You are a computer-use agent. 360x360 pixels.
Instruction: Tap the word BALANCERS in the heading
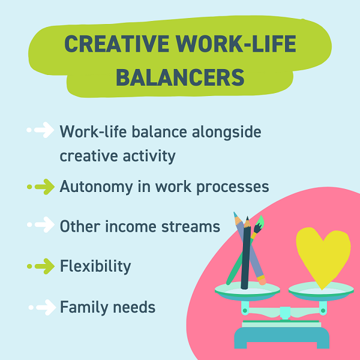tap(180, 77)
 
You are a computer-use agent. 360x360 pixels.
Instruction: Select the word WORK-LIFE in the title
tap(236, 44)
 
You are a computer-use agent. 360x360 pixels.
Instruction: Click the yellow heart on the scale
tap(323, 256)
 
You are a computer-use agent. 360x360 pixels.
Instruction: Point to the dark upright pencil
tap(246, 253)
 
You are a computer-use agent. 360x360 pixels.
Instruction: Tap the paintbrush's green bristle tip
tap(260, 221)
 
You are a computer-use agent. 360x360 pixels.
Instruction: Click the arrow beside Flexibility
tap(41, 266)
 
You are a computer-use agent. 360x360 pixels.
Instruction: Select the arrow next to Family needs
tap(42, 307)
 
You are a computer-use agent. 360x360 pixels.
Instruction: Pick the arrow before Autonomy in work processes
tap(41, 187)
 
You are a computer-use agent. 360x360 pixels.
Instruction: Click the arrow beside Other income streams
tap(41, 224)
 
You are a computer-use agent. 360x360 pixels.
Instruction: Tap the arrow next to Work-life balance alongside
tap(40, 130)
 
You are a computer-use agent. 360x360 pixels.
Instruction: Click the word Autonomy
tap(96, 187)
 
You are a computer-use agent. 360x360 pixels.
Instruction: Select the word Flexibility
tap(95, 266)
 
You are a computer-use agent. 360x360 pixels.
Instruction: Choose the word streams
tap(191, 227)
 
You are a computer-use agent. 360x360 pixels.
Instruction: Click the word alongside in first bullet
tap(227, 132)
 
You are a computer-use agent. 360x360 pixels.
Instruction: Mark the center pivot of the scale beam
tap(285, 312)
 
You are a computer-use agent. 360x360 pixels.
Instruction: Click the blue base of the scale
tap(282, 337)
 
